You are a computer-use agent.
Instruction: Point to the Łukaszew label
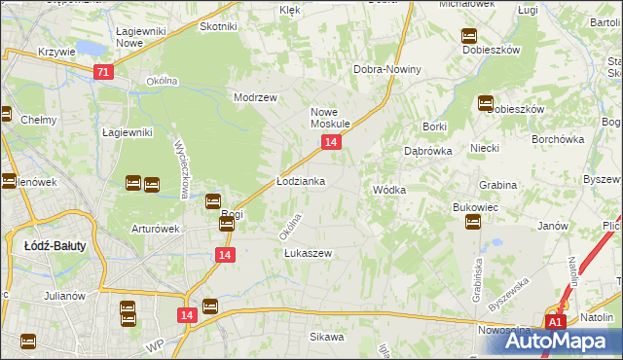coord(308,253)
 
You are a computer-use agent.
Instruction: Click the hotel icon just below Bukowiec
coord(473,223)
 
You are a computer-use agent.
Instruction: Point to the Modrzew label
coord(256,97)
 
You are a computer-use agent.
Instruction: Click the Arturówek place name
coord(157,230)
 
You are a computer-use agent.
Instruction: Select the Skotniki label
coord(218,26)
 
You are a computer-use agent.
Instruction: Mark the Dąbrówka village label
coord(427,151)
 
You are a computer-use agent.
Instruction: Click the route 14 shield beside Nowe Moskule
coord(332,143)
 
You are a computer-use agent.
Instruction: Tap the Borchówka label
coord(557,138)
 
